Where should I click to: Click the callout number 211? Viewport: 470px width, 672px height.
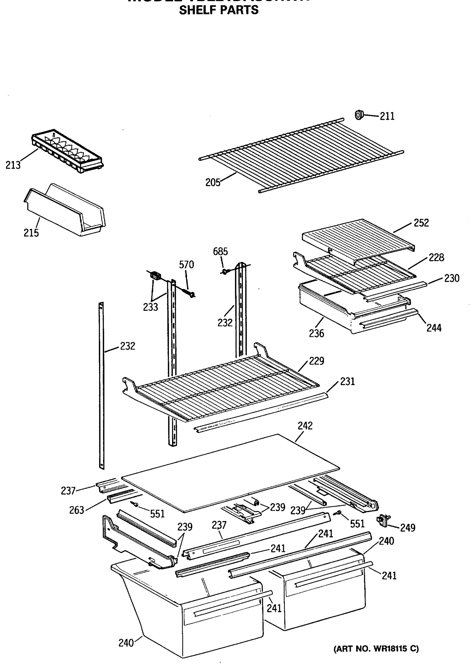387,116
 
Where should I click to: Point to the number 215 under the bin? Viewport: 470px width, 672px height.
31,233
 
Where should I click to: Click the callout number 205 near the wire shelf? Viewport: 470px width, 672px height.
213,183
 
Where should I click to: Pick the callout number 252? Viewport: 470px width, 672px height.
421,223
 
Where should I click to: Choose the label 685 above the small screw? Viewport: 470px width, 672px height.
220,251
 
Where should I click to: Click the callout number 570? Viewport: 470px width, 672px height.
186,265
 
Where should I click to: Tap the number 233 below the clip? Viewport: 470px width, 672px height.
150,307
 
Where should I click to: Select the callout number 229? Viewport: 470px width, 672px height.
316,361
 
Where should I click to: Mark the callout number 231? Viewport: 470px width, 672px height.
347,382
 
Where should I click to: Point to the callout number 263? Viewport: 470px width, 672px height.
77,510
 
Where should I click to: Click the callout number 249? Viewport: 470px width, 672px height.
408,528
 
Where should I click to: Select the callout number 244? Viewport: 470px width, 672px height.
434,328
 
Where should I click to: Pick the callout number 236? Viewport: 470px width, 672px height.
316,333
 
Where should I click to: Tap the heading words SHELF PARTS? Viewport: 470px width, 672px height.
219,10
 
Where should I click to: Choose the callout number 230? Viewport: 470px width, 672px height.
452,278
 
